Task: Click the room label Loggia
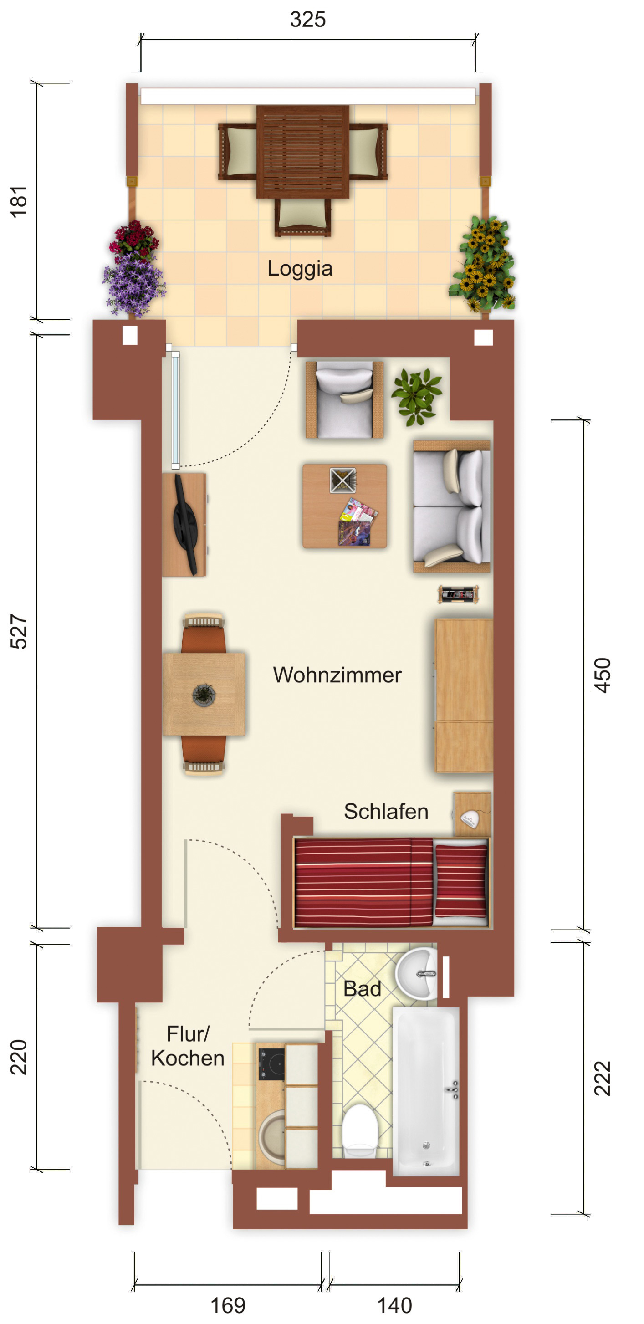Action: (x=300, y=269)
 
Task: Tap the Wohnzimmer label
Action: (x=337, y=675)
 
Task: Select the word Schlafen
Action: (x=386, y=812)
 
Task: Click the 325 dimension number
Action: (x=308, y=20)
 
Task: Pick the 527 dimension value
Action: (x=19, y=632)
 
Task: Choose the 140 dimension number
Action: (x=395, y=1305)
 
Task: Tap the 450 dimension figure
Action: (x=603, y=675)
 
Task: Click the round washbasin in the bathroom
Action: (x=417, y=973)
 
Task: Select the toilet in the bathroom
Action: (x=360, y=1130)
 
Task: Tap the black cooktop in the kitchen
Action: (x=271, y=1064)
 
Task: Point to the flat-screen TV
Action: (x=185, y=524)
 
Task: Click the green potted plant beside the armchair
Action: (x=417, y=396)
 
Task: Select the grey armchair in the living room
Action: (x=344, y=400)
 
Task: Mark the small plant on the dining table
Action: (x=204, y=695)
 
